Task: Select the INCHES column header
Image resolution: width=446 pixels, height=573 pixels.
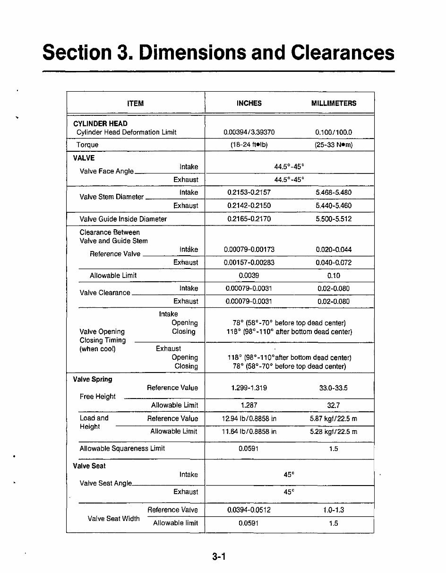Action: pos(249,103)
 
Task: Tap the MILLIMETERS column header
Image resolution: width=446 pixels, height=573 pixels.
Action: pos(334,103)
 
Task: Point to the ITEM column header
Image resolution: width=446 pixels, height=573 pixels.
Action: pos(136,103)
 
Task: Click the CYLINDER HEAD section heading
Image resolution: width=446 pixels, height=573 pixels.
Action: pos(100,124)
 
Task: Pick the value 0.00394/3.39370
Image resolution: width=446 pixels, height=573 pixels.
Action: pos(249,132)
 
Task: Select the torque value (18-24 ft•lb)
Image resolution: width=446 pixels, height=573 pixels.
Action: pos(249,145)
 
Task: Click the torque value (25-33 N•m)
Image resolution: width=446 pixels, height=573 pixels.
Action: pos(334,145)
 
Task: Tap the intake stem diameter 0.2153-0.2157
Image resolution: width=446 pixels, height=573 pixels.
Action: pos(249,193)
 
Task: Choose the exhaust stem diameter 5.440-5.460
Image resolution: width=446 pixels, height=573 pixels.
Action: pos(334,206)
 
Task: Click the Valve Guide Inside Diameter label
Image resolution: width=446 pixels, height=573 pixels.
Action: pos(123,219)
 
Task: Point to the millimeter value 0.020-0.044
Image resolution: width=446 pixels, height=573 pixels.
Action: pos(334,250)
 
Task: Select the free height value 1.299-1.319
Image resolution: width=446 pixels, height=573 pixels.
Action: pos(249,388)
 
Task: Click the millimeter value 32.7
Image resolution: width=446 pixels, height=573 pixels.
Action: pos(334,405)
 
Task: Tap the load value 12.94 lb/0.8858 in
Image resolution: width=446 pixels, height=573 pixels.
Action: pos(249,418)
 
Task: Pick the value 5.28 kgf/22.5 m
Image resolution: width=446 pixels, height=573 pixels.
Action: pos(334,432)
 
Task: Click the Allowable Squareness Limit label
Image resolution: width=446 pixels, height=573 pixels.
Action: pos(122,449)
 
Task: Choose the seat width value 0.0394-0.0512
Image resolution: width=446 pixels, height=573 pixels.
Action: pos(249,510)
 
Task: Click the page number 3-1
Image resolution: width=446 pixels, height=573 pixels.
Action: pos(220,557)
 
